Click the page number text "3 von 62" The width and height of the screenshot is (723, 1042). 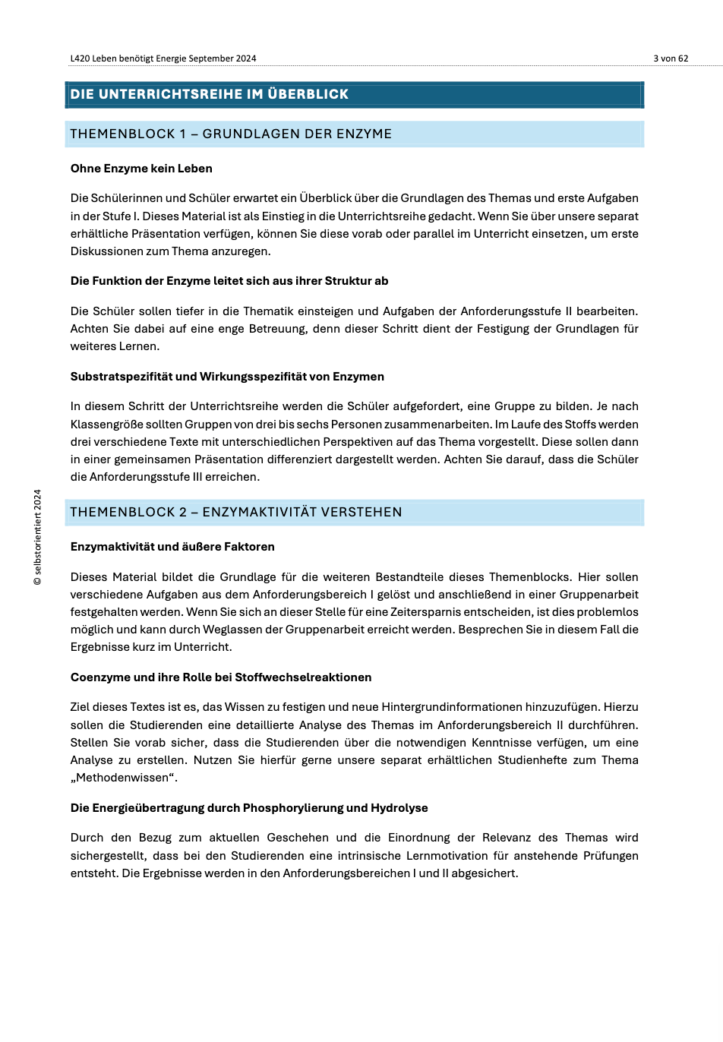[671, 58]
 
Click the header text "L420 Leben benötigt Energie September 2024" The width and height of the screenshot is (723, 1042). [163, 58]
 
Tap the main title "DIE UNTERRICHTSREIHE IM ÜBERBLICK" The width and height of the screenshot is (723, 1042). [210, 94]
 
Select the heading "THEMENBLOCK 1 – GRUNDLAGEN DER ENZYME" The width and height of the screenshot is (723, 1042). [231, 134]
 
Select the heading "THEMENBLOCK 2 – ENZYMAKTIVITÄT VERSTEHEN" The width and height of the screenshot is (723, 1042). [236, 512]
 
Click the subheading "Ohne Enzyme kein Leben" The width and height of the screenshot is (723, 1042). [141, 169]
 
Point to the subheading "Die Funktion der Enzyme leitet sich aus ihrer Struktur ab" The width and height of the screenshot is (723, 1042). [229, 281]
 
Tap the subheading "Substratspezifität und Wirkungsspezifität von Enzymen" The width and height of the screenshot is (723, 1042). [227, 377]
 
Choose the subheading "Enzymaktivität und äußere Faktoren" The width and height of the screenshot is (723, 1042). [172, 547]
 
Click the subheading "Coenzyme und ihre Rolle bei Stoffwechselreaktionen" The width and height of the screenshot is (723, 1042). [221, 677]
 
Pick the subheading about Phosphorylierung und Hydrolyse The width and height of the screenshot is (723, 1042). [249, 808]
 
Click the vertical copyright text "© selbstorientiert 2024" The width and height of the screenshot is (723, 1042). [38, 537]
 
